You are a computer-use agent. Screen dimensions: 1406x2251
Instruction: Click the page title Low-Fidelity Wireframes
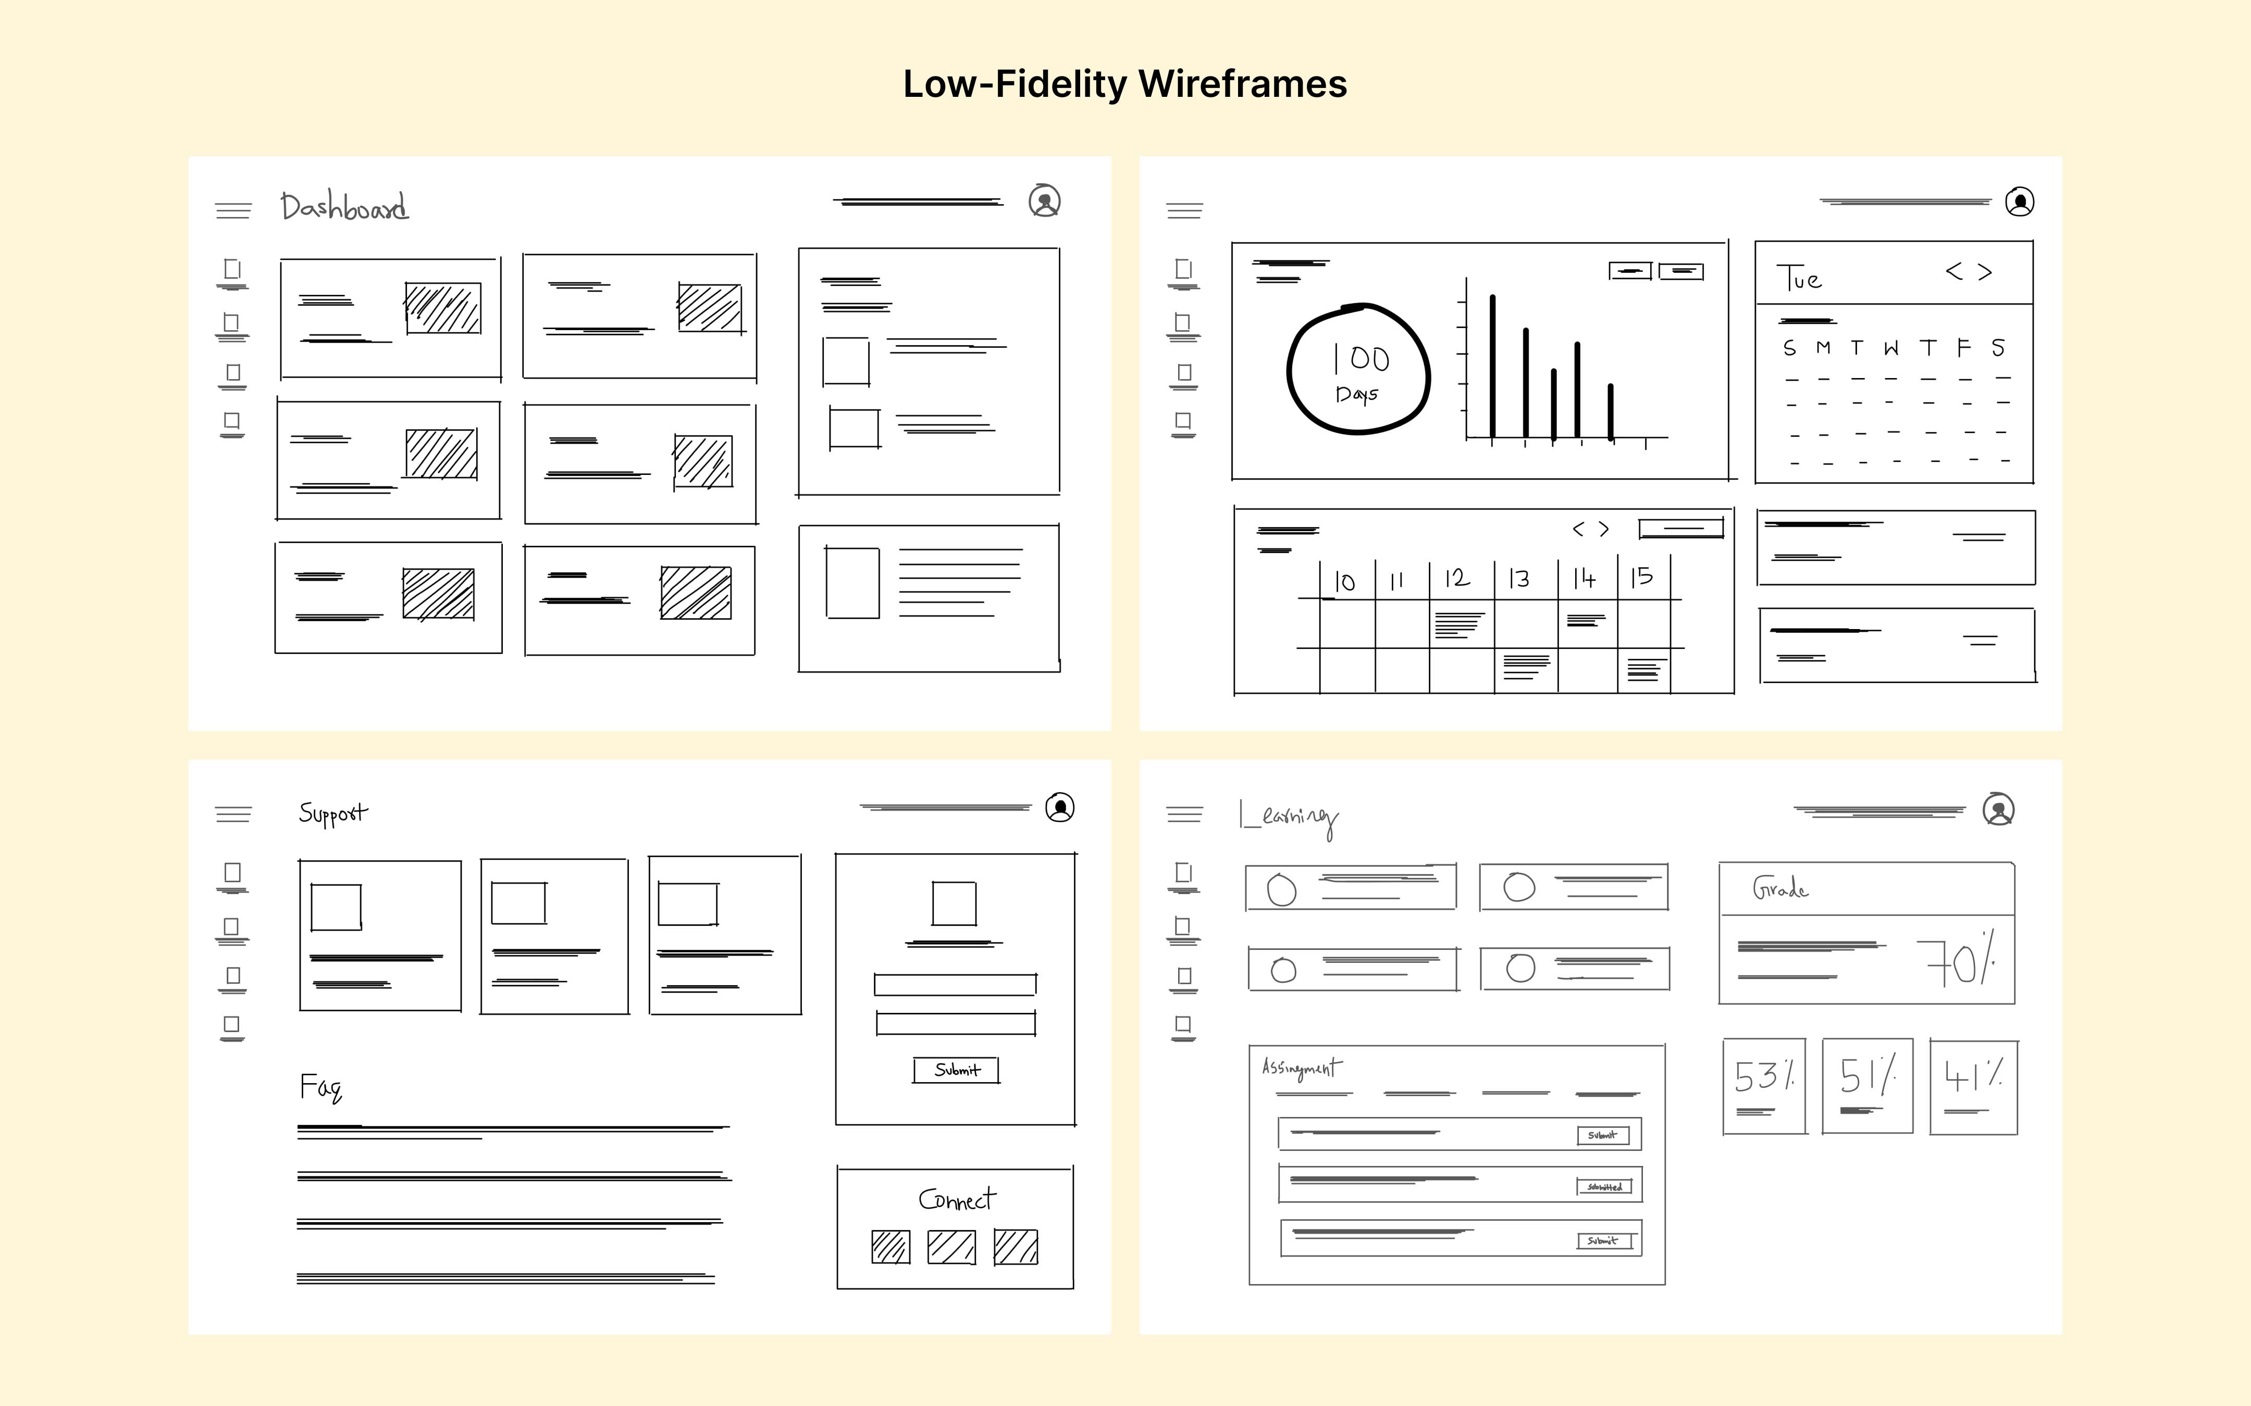pos(1124,84)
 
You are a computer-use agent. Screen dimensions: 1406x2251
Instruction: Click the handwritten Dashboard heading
pos(344,206)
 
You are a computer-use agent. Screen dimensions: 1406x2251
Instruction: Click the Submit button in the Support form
pos(956,1070)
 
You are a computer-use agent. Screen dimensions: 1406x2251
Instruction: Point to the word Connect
pos(956,1200)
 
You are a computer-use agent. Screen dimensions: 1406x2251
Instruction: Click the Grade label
pos(1780,889)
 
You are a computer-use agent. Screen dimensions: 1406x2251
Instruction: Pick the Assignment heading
pos(1301,1069)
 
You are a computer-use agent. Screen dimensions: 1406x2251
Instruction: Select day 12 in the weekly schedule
pos(1457,579)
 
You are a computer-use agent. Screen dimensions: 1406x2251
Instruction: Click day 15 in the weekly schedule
pos(1642,578)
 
